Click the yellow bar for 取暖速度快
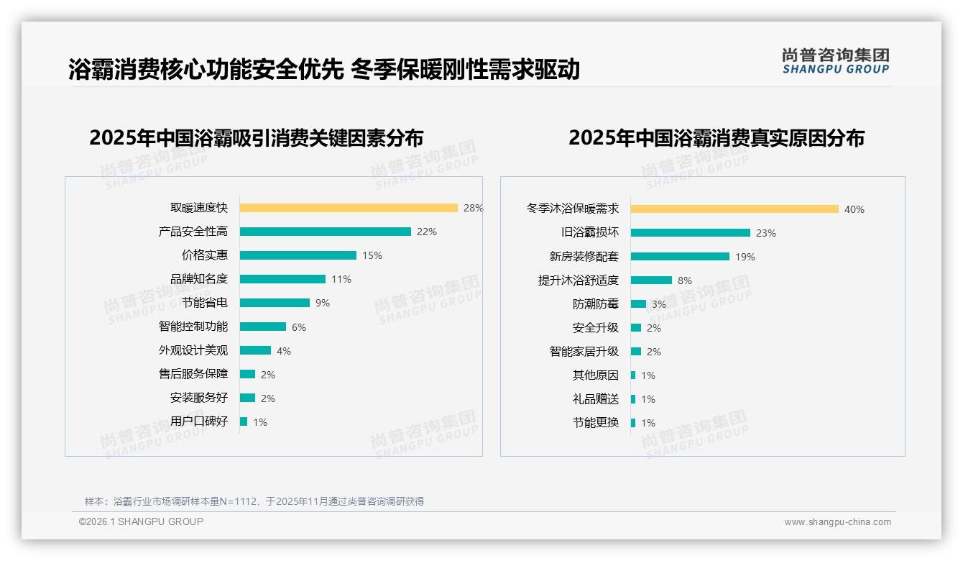(x=349, y=208)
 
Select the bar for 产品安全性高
(x=325, y=232)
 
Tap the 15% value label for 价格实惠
(x=372, y=255)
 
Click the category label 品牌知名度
(x=199, y=279)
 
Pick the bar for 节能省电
(x=275, y=303)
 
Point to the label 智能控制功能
(x=193, y=327)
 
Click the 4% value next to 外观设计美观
(x=284, y=351)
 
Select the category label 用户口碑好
(x=199, y=421)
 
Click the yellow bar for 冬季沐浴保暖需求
(x=734, y=209)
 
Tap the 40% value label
(x=854, y=209)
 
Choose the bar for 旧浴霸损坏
(x=691, y=233)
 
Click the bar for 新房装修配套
(x=680, y=257)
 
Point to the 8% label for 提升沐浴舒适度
(x=685, y=280)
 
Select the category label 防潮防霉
(x=596, y=304)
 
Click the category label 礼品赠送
(x=596, y=399)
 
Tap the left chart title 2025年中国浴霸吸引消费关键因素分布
(x=257, y=137)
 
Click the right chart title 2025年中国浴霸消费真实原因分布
(x=717, y=137)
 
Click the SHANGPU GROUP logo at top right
(x=836, y=61)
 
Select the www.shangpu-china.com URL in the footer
(x=837, y=522)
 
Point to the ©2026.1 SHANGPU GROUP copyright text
(x=142, y=521)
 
